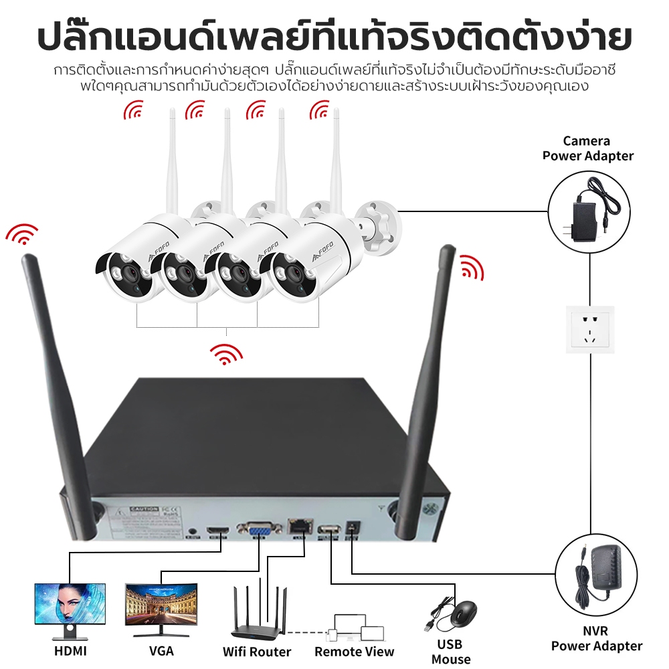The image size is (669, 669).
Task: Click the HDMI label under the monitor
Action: (70, 650)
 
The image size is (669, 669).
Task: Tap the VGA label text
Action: (161, 650)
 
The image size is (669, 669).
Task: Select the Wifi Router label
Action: (257, 651)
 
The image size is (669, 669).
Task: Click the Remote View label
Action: (355, 651)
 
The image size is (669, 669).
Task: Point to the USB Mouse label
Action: (451, 652)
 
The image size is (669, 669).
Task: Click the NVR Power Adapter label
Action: (596, 638)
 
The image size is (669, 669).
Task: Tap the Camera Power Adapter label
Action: (587, 149)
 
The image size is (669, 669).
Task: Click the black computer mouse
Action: (463, 614)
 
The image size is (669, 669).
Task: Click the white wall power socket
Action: (589, 329)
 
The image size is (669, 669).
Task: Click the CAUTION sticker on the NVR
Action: (145, 508)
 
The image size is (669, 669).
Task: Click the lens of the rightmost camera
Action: (292, 274)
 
